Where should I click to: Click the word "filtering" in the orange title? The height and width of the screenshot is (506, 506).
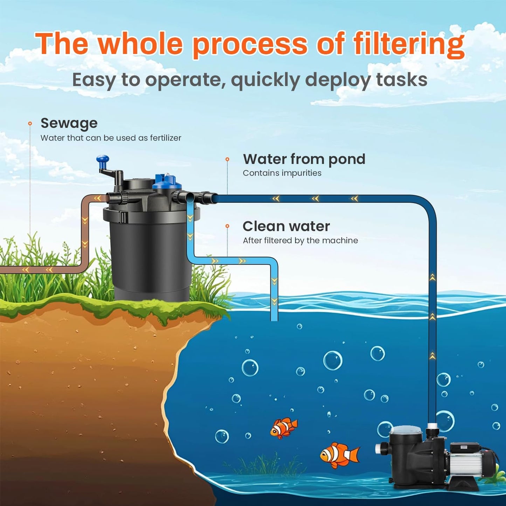click(x=409, y=44)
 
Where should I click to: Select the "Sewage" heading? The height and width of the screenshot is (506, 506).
click(x=69, y=123)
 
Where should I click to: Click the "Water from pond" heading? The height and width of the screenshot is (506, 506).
click(x=304, y=159)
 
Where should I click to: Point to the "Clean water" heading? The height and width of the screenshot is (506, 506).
click(x=286, y=227)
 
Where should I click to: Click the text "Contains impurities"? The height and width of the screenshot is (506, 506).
click(x=282, y=173)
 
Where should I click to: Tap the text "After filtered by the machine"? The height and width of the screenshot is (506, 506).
click(x=300, y=241)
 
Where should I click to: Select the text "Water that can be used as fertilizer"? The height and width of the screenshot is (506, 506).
click(x=111, y=138)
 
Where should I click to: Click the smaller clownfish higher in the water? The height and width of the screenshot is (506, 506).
click(x=284, y=427)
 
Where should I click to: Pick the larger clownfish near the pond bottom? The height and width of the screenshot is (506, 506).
click(x=339, y=455)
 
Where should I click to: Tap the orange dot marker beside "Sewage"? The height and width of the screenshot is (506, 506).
click(x=30, y=123)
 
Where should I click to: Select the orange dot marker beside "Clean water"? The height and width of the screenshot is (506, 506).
click(x=227, y=226)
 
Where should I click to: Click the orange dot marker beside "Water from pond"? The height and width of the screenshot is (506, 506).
click(x=227, y=159)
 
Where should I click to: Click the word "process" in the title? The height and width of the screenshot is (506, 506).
click(x=250, y=44)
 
